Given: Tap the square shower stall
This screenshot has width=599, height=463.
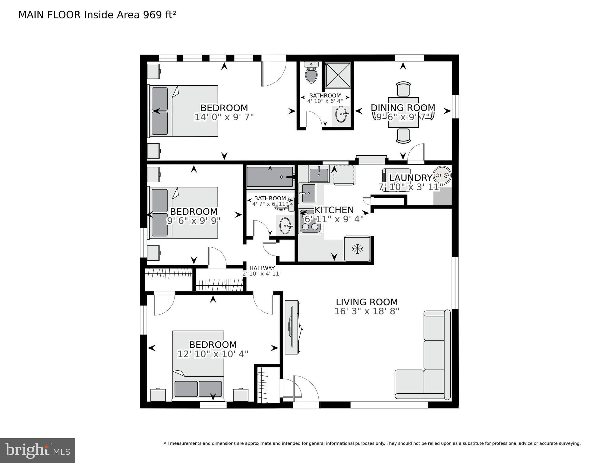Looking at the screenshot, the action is [x=338, y=75].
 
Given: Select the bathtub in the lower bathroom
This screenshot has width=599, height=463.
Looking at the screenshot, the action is [x=270, y=177].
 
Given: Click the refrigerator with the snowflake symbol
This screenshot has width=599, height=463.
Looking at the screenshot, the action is [x=357, y=249].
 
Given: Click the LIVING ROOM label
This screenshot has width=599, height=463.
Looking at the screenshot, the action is [x=367, y=302].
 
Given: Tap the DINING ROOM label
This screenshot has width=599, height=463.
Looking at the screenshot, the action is [x=403, y=108].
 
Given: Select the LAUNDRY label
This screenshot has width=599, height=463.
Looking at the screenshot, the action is [x=411, y=178].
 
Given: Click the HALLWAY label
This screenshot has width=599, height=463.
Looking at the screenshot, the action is [x=262, y=268].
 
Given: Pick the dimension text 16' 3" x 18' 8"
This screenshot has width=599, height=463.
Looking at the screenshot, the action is [x=367, y=311].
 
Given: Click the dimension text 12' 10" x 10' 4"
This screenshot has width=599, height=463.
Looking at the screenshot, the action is [x=213, y=354].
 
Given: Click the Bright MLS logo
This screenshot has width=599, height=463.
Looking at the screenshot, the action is [x=37, y=451].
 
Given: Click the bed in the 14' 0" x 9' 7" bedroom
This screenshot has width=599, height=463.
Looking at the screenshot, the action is [x=183, y=111].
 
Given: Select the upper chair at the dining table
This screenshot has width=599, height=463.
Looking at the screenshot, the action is [x=403, y=89].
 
